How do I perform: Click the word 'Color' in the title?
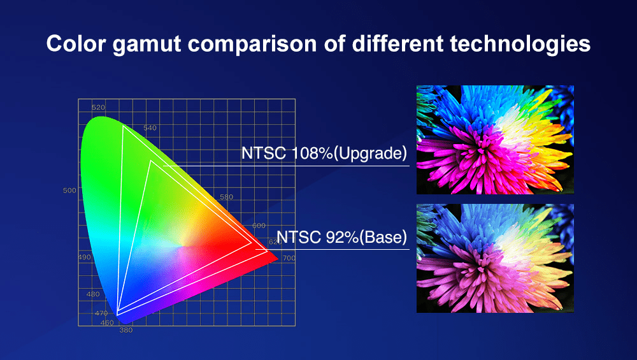(x=76, y=43)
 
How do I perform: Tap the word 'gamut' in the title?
(x=147, y=45)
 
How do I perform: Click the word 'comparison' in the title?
(x=252, y=45)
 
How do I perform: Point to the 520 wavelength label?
(x=98, y=108)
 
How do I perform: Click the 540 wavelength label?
(x=150, y=128)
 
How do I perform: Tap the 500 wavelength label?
(x=69, y=191)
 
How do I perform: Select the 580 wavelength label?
(x=227, y=197)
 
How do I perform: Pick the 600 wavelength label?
(x=259, y=226)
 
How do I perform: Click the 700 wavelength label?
(x=289, y=258)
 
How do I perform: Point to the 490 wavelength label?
(x=85, y=257)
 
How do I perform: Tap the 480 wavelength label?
(x=93, y=294)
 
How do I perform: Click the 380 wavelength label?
(x=126, y=330)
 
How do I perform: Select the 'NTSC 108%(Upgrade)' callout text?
(x=324, y=153)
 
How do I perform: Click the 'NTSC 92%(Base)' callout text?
(x=341, y=237)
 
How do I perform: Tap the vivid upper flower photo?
(x=495, y=140)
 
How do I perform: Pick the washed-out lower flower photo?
(x=495, y=259)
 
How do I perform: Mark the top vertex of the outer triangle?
(x=123, y=126)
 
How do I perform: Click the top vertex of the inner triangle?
(x=151, y=161)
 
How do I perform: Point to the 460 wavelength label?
(x=107, y=323)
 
